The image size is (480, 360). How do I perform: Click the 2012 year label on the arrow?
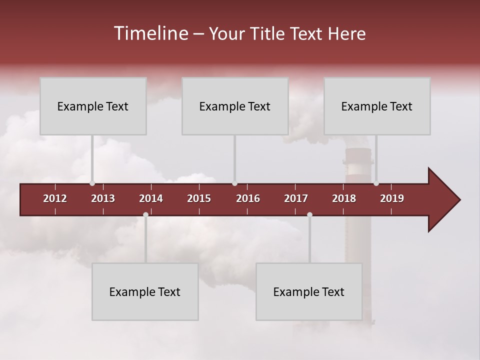coord(55,198)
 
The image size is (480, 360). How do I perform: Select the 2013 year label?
coord(103,198)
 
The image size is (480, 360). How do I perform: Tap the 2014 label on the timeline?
coord(151,198)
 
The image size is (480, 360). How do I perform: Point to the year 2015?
coord(199,198)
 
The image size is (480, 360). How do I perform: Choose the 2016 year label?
coord(248,198)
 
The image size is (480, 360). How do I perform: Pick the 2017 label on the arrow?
coord(296,198)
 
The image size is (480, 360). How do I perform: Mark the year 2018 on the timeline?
coord(344,198)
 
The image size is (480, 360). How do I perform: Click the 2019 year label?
coord(392,198)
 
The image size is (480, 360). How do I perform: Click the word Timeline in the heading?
coord(150,33)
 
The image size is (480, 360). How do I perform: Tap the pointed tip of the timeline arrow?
coord(458,200)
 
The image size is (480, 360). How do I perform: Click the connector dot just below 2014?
coord(145,214)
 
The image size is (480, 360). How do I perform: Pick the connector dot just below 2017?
coord(309,214)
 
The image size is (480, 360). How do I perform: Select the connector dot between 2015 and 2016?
coord(234,183)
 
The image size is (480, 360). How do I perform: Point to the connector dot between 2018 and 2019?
coord(376,183)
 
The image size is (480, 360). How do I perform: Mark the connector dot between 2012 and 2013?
coord(92,183)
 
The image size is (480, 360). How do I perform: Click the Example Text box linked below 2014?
coord(145,291)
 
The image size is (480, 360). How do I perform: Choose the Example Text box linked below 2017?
coord(309,291)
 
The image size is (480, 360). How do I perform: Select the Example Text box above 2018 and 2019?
coord(377,106)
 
